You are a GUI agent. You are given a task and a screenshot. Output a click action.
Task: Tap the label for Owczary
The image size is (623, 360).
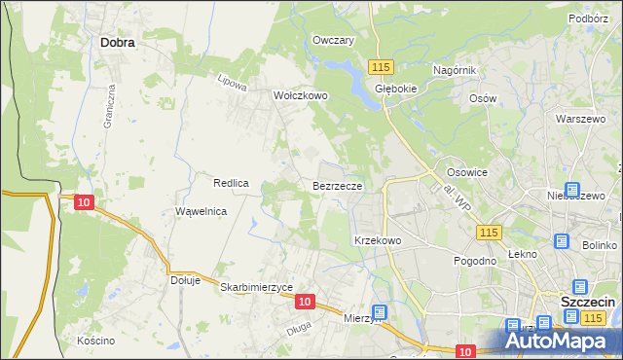(333, 40)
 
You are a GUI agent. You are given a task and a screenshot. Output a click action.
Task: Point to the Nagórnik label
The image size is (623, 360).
(454, 70)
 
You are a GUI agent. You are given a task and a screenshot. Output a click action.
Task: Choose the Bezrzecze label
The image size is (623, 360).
(338, 185)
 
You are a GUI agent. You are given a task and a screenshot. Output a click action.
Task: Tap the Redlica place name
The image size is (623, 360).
(233, 183)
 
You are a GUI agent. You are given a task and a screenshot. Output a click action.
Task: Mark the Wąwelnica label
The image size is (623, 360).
(202, 211)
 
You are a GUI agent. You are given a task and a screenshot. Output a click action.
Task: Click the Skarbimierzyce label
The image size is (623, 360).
(257, 287)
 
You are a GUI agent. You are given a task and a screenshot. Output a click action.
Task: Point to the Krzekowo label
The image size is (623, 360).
(378, 239)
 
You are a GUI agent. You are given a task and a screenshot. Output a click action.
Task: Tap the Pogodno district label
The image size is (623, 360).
(476, 261)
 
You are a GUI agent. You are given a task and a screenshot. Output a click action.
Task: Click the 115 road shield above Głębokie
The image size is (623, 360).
(381, 66)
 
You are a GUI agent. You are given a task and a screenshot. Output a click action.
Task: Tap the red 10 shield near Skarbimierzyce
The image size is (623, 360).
(305, 302)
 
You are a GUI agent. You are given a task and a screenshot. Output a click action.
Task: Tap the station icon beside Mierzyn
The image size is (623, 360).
(379, 312)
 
